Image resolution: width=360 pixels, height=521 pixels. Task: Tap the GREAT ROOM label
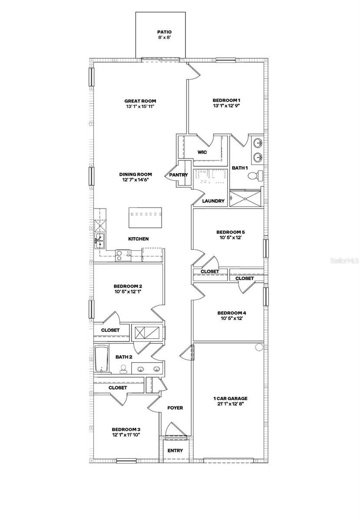click(x=140, y=101)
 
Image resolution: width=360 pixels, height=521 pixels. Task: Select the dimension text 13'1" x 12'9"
click(x=226, y=106)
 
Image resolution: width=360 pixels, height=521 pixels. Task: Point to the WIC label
click(x=202, y=152)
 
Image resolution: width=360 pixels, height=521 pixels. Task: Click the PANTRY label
click(x=178, y=175)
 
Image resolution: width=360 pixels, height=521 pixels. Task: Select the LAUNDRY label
click(x=214, y=201)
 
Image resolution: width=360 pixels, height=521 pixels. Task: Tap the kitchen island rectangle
click(x=145, y=217)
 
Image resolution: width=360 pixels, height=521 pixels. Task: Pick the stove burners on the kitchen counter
click(x=123, y=256)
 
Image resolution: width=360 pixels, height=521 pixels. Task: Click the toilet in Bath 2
click(x=123, y=369)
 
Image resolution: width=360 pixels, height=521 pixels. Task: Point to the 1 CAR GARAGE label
click(x=231, y=398)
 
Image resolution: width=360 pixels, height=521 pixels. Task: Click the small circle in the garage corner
click(x=259, y=347)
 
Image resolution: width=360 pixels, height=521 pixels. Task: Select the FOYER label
click(x=175, y=408)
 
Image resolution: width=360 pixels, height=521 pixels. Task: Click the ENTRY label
click(x=175, y=450)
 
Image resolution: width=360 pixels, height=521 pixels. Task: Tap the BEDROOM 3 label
click(x=126, y=429)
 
